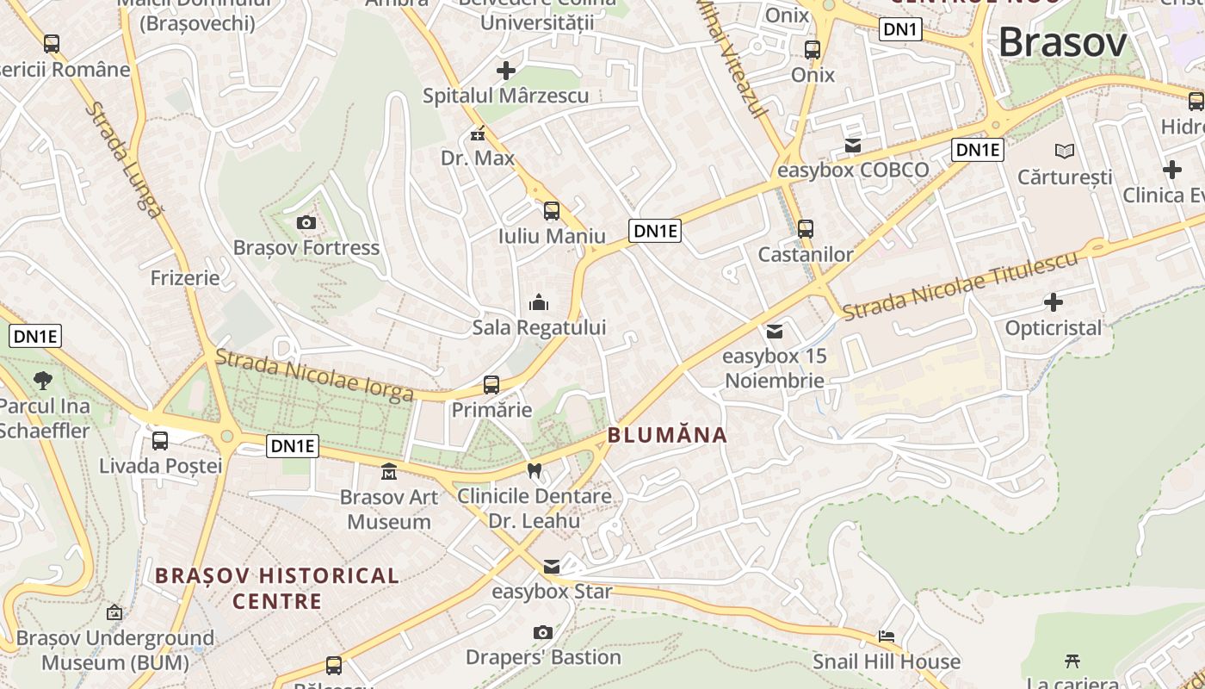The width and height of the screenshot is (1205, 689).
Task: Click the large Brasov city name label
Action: click(1062, 41)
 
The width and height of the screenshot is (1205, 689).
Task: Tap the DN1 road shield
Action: click(900, 30)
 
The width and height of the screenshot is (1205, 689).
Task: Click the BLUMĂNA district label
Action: click(668, 435)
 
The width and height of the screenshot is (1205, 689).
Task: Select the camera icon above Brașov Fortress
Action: click(306, 223)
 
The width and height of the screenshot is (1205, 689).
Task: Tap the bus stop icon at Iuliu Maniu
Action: click(551, 210)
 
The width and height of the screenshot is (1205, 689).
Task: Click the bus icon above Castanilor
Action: click(806, 229)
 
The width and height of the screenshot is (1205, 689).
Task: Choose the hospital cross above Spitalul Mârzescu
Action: click(506, 70)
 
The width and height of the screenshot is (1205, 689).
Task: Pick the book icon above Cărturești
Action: click(1065, 152)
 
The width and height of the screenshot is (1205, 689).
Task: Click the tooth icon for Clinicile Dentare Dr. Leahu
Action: click(535, 471)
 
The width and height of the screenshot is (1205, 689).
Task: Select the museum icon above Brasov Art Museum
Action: click(389, 472)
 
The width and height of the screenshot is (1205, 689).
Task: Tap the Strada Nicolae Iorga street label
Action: click(314, 375)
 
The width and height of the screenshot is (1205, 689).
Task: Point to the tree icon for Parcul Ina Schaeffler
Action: click(42, 380)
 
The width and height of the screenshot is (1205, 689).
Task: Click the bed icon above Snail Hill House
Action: click(887, 636)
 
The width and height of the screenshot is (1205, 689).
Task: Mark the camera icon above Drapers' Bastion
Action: click(542, 633)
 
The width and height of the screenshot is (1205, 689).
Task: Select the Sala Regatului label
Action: click(539, 327)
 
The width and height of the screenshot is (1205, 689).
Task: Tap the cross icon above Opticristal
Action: click(1053, 302)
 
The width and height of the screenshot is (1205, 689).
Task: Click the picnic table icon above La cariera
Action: click(1072, 661)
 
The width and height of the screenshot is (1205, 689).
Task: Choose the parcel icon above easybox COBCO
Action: click(852, 146)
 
